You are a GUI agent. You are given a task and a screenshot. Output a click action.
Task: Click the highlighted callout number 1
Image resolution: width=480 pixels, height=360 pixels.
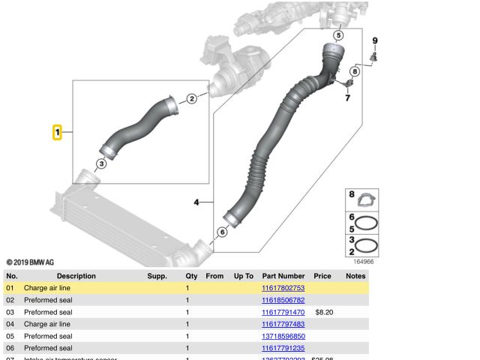pos(57,133)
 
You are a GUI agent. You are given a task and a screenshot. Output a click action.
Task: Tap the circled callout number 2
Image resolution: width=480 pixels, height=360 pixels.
pos(191,98)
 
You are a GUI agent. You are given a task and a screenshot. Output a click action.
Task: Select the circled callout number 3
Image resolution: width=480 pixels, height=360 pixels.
pos(101,163)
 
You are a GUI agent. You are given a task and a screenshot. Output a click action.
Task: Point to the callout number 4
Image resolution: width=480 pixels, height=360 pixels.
pos(196,202)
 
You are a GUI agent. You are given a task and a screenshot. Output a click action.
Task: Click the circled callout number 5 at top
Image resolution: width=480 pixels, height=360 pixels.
pos(338,35)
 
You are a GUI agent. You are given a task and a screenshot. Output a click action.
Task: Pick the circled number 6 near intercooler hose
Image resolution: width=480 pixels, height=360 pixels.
pos(221,232)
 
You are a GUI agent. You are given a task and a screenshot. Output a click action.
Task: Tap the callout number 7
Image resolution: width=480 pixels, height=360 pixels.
pos(347,97)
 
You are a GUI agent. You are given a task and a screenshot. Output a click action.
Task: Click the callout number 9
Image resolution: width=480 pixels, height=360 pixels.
pos(375,40)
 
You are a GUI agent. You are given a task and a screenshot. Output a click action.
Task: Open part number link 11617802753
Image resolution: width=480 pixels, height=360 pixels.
pos(283,288)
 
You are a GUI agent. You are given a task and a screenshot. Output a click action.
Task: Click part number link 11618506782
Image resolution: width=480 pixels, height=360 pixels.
pos(283,300)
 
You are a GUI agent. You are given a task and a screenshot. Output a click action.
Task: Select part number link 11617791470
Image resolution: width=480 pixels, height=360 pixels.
pos(283,312)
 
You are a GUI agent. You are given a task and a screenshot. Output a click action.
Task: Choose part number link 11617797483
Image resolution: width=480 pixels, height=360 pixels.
pos(283,324)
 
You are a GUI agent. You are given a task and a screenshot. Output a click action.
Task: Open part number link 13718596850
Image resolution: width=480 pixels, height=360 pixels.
pos(283,336)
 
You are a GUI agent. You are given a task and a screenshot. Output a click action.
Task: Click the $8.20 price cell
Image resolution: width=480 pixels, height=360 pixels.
pos(323,312)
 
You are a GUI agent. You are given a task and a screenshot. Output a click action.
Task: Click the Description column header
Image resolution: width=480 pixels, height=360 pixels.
pos(76,276)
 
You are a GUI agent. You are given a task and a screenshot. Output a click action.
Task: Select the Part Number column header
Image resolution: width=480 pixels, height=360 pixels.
pos(283,276)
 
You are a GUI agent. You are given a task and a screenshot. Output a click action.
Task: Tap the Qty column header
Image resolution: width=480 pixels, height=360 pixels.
pos(191,276)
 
